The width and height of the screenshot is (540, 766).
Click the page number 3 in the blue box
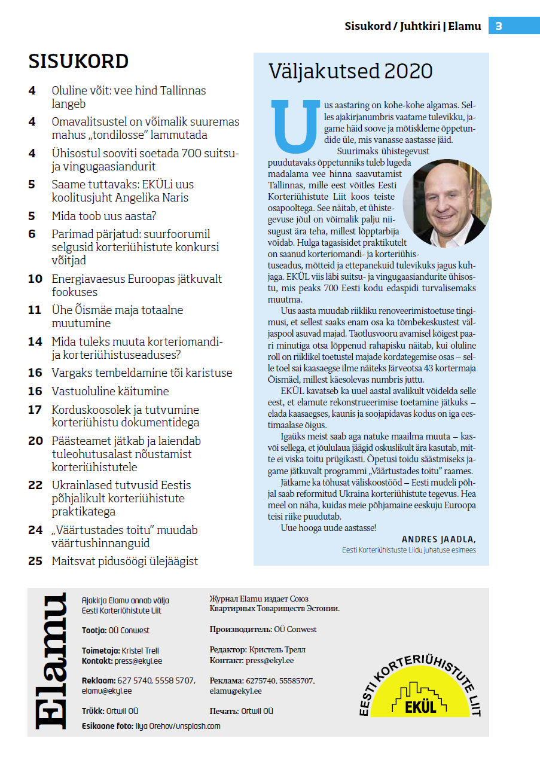(499, 26)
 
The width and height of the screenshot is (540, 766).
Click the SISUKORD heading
(78, 62)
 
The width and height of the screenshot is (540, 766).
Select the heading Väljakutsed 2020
(350, 71)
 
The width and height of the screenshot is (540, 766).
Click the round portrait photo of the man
(447, 203)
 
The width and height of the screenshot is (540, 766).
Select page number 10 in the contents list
(35, 279)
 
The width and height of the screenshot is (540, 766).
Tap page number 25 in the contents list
(35, 561)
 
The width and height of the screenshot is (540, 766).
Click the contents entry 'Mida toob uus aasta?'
(104, 216)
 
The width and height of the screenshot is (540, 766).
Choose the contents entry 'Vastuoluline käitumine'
(110, 391)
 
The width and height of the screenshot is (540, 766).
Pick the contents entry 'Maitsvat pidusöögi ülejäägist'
(124, 561)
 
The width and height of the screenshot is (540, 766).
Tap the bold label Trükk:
(93, 711)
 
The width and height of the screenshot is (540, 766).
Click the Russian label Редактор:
(228, 649)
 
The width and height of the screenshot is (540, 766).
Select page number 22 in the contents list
(35, 485)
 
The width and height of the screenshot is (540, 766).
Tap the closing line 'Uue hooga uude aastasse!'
(328, 527)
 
